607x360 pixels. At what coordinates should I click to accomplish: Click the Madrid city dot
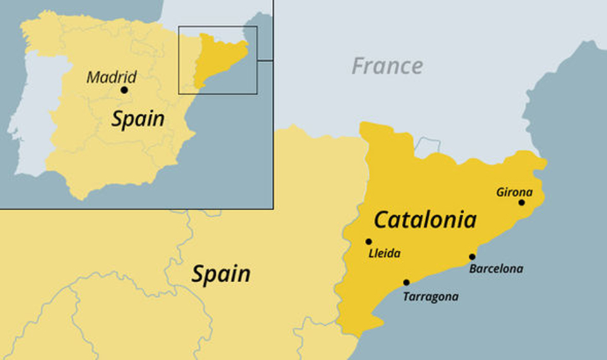coord(124,90)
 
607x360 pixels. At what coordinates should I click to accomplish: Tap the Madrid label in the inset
coord(111,77)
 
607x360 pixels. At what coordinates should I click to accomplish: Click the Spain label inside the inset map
coord(138,119)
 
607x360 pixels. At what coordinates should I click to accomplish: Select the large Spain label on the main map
coord(221,274)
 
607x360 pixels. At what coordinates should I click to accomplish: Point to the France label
coord(387,66)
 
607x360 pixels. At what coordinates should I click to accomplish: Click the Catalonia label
coord(424,220)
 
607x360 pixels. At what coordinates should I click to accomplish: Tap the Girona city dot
coord(522,202)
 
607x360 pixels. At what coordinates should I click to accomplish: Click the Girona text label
coord(515,192)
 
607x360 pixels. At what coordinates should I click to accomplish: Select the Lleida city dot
coord(369,241)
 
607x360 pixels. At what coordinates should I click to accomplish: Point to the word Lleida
coord(384,254)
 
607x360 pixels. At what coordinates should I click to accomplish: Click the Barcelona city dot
coord(472,256)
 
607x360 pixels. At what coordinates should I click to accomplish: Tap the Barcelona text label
coord(496,269)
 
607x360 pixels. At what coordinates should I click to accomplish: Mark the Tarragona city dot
coord(406,282)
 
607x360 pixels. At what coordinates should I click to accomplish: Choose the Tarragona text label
coord(431,296)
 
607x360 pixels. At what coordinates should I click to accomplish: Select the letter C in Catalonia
coord(381,220)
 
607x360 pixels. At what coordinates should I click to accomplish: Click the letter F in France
coord(359,66)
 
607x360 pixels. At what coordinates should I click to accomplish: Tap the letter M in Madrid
coord(93,78)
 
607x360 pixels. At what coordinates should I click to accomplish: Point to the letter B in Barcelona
coord(474,269)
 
